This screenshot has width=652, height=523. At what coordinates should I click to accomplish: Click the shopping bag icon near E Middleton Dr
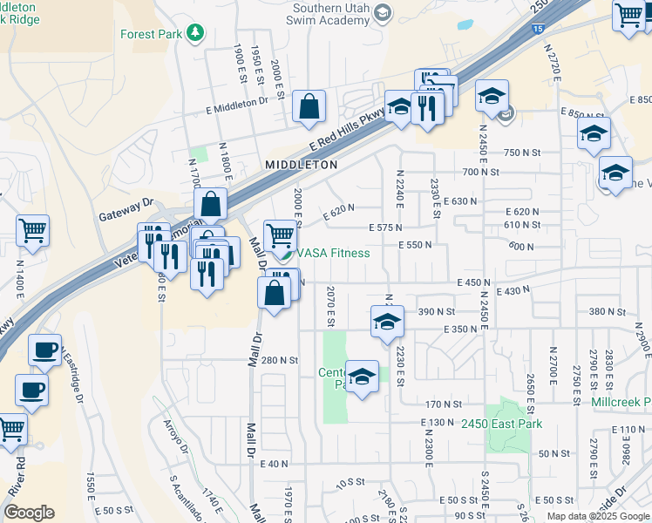[309, 107]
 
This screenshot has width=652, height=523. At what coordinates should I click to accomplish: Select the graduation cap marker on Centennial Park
[362, 376]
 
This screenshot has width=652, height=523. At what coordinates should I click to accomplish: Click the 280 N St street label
[280, 360]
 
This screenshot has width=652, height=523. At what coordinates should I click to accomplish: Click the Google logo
[29, 513]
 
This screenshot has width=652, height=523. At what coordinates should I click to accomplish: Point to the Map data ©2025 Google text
[598, 516]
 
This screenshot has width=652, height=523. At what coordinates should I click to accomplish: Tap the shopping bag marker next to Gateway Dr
[211, 207]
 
